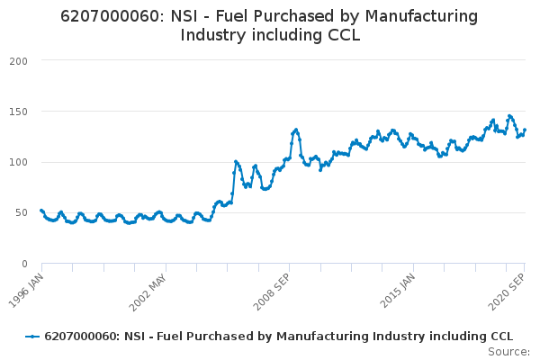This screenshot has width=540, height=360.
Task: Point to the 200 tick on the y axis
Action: tap(20, 61)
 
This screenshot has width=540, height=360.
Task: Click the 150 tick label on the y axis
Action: tap(20, 112)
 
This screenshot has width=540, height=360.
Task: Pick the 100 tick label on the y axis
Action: tap(20, 163)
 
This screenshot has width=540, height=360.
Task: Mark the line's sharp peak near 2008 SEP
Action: tap(295, 130)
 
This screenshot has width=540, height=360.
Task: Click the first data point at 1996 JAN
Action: tap(41, 210)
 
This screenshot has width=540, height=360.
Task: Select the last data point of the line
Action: tap(525, 130)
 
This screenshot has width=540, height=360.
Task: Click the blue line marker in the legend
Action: tap(32, 336)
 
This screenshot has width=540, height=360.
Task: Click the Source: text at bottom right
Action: tap(509, 351)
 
